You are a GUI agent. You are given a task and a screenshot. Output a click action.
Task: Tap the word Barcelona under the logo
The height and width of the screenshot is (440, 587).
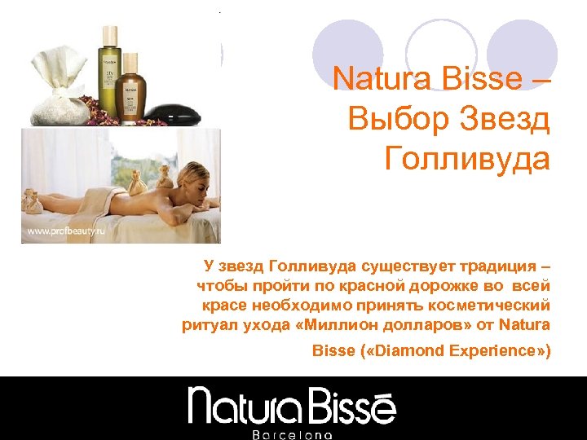pos(292,434)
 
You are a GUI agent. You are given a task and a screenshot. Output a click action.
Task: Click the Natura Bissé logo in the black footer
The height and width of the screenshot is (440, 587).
pos(292,405)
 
